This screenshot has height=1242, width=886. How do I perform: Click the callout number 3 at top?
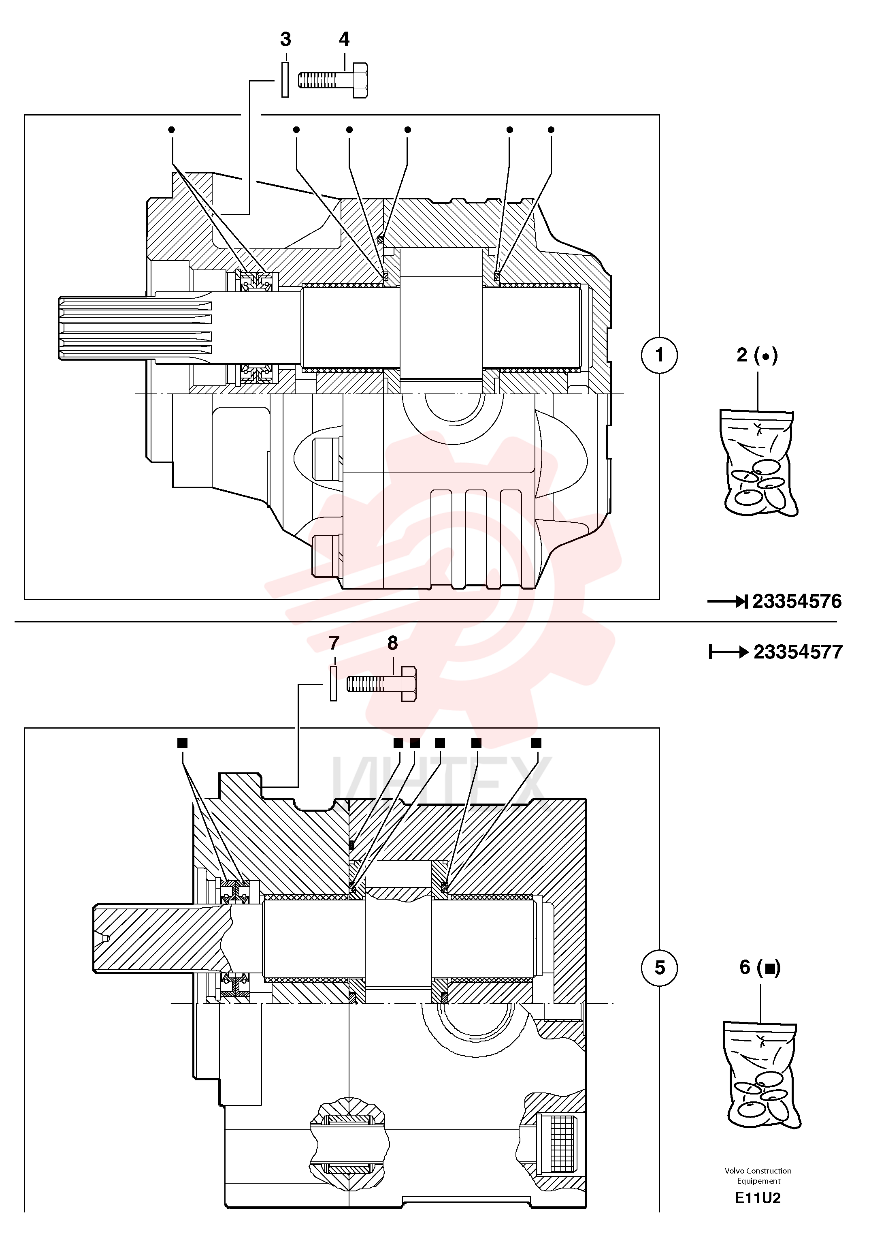tap(285, 39)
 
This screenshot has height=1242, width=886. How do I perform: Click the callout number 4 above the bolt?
tap(344, 39)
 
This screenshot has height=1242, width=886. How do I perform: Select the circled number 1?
tap(660, 355)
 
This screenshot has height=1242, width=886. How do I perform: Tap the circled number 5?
tap(660, 968)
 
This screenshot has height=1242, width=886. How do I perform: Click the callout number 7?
tap(334, 643)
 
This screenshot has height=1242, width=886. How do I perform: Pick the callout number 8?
tap(393, 643)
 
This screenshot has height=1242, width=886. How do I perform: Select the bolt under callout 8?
tap(381, 684)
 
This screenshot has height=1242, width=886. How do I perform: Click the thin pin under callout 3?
tap(285, 80)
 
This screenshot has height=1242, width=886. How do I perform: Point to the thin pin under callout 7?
tap(333, 684)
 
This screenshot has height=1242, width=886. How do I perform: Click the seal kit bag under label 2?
tap(759, 463)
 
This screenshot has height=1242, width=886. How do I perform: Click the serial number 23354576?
tap(797, 602)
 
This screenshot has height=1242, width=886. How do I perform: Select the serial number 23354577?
tap(798, 652)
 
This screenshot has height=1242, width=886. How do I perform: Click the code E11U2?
tap(758, 1198)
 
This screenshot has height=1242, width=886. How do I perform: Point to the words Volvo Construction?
tap(758, 1171)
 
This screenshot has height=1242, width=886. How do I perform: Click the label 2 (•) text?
tap(757, 355)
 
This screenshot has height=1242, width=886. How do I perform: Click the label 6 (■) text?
tap(760, 968)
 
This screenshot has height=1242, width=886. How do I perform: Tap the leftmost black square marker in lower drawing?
tap(183, 743)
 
